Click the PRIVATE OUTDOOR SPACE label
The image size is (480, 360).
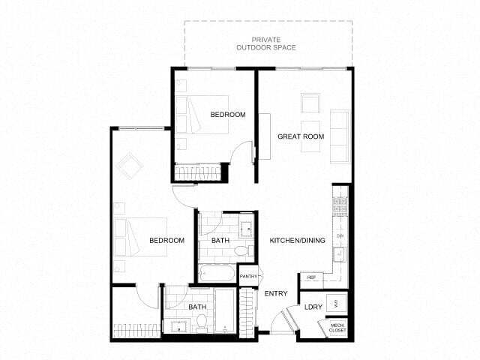click(268, 43)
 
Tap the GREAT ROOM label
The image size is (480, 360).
click(301, 136)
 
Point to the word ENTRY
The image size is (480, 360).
click(275, 293)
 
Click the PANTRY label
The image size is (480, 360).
click(249, 277)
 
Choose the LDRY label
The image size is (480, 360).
click(313, 307)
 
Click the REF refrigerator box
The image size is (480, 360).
click(311, 277)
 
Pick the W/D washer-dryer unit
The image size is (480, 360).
click(337, 304)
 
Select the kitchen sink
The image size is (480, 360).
click(339, 253)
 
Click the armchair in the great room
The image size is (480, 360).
click(310, 103)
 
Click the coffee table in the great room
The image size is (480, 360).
click(310, 136)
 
